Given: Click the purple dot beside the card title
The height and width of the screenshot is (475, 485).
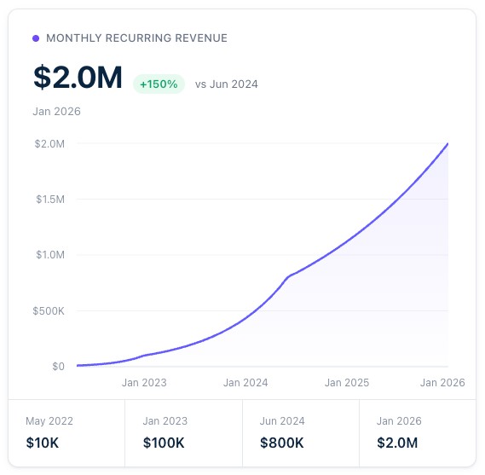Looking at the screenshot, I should pyautogui.click(x=36, y=38).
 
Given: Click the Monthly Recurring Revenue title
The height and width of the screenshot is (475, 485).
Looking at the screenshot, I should pyautogui.click(x=136, y=38).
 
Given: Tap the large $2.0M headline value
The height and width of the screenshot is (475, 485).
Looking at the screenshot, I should pyautogui.click(x=78, y=78).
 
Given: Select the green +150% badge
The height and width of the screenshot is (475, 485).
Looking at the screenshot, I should pyautogui.click(x=159, y=84).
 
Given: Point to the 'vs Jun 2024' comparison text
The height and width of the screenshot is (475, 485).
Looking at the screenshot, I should pyautogui.click(x=226, y=84).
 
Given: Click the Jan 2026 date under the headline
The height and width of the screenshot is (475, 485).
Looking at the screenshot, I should pyautogui.click(x=56, y=111).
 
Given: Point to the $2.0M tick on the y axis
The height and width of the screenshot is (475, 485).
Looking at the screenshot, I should pyautogui.click(x=49, y=143).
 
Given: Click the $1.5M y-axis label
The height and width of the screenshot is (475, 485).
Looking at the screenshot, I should pyautogui.click(x=49, y=200).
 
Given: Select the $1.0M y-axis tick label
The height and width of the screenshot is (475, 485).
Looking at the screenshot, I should pyautogui.click(x=49, y=255).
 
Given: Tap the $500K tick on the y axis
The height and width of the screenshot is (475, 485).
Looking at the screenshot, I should pyautogui.click(x=47, y=310).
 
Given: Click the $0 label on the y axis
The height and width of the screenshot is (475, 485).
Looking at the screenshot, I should pyautogui.click(x=57, y=367).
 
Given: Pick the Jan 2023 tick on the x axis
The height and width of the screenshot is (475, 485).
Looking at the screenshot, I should pyautogui.click(x=144, y=383).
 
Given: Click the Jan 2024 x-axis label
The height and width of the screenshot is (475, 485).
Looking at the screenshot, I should pyautogui.click(x=245, y=383).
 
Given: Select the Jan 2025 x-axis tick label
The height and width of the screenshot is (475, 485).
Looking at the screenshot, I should pyautogui.click(x=347, y=383).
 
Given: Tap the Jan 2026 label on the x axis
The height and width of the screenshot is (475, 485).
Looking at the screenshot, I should pyautogui.click(x=442, y=383).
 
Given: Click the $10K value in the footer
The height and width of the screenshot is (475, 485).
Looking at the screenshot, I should pyautogui.click(x=43, y=443).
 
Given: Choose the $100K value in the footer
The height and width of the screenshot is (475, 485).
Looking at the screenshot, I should pyautogui.click(x=164, y=443).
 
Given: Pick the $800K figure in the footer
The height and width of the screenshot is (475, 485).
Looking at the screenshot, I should pyautogui.click(x=281, y=443).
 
